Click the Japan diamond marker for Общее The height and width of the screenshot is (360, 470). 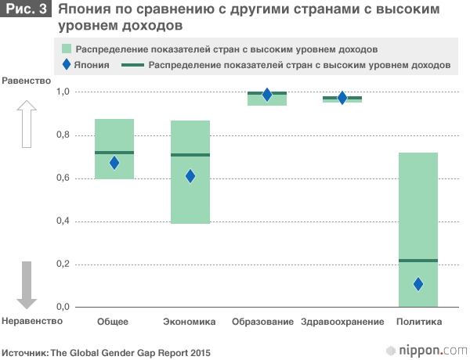coord(114,163)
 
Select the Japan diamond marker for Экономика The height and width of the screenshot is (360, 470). coord(190,176)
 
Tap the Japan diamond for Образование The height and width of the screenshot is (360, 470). coord(267,95)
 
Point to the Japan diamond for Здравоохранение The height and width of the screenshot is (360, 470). coord(342,98)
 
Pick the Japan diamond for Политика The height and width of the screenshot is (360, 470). coord(418,284)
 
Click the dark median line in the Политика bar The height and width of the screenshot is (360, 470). coord(418,260)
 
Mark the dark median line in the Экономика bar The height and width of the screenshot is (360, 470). coord(190,155)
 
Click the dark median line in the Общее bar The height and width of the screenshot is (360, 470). coord(114,153)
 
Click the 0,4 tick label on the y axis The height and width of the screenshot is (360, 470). coord(63,221)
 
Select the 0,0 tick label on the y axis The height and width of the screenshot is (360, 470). coord(63,307)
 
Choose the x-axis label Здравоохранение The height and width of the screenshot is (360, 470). coord(342,322)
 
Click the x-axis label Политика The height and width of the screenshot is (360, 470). coord(419,322)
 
